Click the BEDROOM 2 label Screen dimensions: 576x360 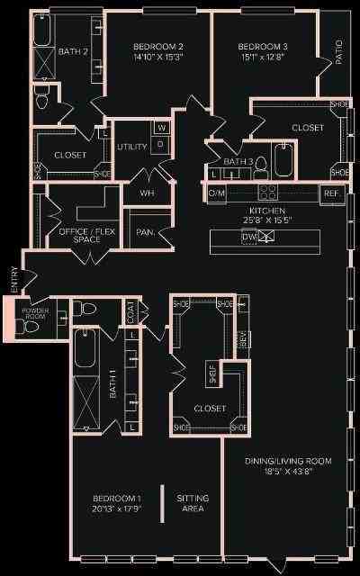(158, 47)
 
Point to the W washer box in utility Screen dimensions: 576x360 (161, 127)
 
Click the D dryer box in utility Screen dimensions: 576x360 (161, 143)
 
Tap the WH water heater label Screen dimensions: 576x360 (147, 193)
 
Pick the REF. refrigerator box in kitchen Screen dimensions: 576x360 (331, 193)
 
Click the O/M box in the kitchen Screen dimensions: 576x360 (216, 193)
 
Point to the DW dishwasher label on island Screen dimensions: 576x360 (247, 237)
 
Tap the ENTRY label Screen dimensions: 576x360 (13, 279)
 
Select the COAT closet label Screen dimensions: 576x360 (130, 312)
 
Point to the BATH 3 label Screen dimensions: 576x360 (238, 161)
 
